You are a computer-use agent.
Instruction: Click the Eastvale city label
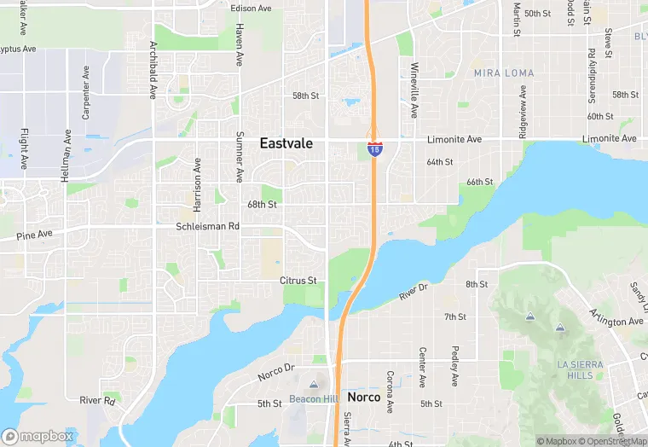tap(286, 144)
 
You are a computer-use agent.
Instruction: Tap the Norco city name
tap(363, 398)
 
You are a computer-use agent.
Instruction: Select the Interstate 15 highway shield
tap(374, 148)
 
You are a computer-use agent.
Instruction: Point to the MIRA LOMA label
tap(504, 73)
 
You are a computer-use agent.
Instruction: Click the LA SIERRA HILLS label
tap(580, 369)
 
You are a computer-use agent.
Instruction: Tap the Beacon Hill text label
tap(313, 399)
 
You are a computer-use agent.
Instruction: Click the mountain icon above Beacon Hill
tap(314, 386)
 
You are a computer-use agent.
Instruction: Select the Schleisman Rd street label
tap(208, 227)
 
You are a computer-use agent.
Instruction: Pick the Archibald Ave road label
tap(153, 69)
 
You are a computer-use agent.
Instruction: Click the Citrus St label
tap(298, 280)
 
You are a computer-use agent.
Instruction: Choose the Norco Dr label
tap(275, 372)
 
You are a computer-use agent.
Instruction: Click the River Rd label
tap(97, 400)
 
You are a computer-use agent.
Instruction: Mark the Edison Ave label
tap(251, 9)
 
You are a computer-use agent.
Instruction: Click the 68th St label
tap(262, 205)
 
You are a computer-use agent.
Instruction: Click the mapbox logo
tap(38, 436)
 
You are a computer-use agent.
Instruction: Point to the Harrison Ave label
tap(198, 184)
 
